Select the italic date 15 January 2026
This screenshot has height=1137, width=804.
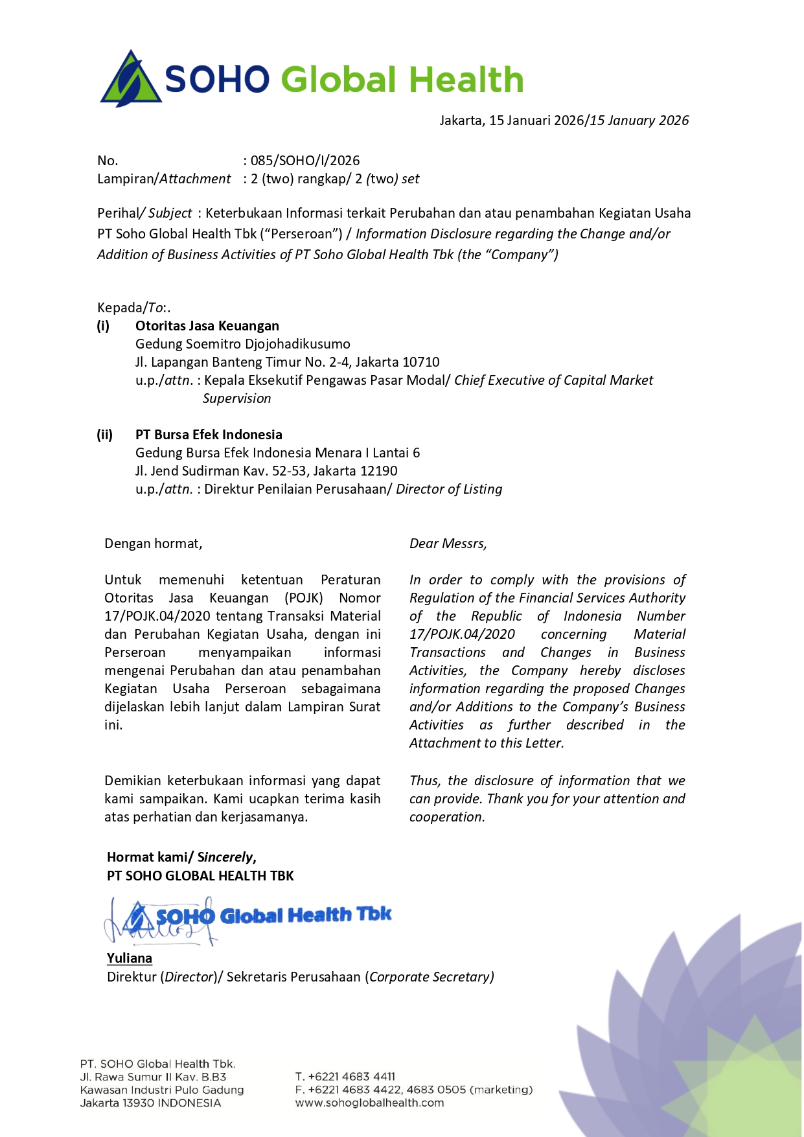click(x=639, y=121)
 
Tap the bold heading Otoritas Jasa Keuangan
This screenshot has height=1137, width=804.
click(x=207, y=326)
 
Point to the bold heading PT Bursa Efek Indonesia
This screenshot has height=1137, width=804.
click(x=209, y=435)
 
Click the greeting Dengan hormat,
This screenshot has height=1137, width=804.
click(x=154, y=544)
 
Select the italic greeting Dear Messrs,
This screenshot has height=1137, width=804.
click(x=448, y=544)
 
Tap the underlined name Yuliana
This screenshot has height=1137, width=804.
click(x=130, y=958)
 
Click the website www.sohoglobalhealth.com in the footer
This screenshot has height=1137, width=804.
click(x=369, y=1103)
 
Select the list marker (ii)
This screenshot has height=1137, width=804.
click(x=105, y=435)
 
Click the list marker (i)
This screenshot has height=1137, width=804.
click(x=104, y=326)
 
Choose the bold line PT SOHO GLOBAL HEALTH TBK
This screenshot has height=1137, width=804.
click(x=200, y=876)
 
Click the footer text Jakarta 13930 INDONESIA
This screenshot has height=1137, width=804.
click(x=150, y=1103)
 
